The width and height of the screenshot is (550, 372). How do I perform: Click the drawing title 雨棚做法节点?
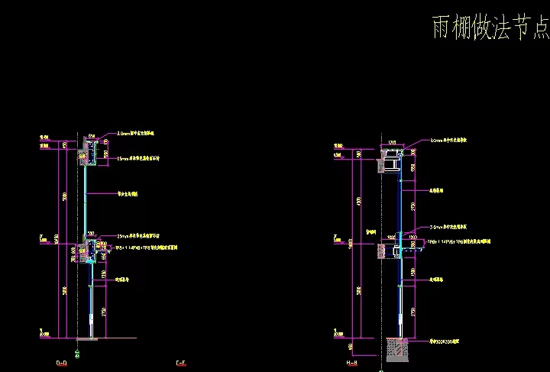(x=490, y=27)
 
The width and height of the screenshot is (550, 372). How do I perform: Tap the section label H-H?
(x=352, y=361)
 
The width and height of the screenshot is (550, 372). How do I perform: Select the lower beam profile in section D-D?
(x=92, y=249)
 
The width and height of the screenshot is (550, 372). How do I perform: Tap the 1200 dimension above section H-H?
(x=392, y=143)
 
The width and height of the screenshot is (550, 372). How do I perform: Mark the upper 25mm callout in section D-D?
(x=137, y=159)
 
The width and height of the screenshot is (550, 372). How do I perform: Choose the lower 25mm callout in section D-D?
(x=137, y=237)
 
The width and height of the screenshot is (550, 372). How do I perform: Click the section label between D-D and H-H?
(x=181, y=361)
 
